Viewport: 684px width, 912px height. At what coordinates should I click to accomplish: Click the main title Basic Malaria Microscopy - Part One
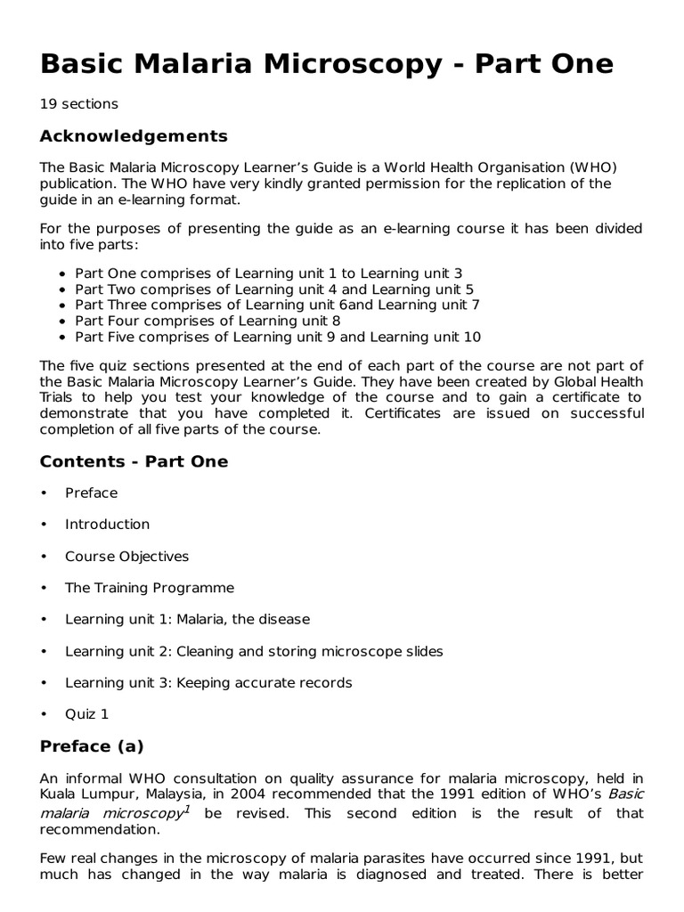click(x=327, y=63)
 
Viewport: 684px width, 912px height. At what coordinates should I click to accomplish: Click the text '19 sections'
click(x=78, y=104)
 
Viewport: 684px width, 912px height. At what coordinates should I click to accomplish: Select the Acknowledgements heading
click(x=134, y=136)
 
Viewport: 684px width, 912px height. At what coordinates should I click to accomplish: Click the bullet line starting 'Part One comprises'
click(x=268, y=273)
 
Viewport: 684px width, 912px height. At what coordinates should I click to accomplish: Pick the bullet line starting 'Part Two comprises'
click(x=274, y=289)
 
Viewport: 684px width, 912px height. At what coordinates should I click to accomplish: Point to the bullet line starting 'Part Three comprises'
click(x=277, y=305)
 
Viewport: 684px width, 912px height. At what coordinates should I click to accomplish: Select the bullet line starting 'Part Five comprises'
click(x=278, y=337)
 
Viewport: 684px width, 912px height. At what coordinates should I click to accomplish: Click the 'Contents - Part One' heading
click(x=134, y=461)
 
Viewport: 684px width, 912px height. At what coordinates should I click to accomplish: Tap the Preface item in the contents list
click(x=91, y=493)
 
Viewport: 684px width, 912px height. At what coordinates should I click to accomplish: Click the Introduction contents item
click(x=107, y=525)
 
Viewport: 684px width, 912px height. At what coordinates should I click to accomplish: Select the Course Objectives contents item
click(x=126, y=557)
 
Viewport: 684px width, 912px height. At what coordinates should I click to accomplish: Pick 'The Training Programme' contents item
click(x=149, y=588)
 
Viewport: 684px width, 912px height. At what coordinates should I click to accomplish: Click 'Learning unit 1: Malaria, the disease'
click(x=187, y=619)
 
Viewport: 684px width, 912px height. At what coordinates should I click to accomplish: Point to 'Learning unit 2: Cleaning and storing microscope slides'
click(x=253, y=651)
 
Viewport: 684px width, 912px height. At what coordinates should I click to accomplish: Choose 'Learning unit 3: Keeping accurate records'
click(x=208, y=683)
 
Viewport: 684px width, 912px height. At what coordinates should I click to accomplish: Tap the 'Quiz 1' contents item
click(x=86, y=714)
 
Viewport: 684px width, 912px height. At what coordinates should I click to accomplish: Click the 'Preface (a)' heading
click(x=92, y=746)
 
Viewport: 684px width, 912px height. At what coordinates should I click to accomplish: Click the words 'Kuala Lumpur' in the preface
click(x=84, y=794)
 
